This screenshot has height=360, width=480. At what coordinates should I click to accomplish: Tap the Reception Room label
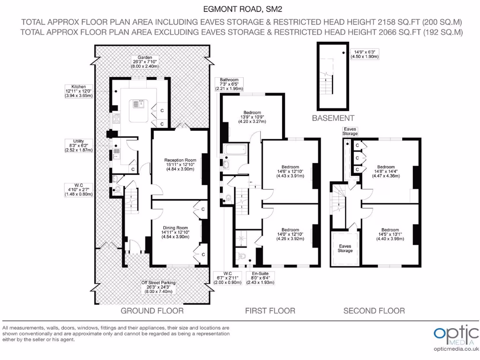(x=177, y=165)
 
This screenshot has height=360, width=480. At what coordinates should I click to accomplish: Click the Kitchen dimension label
(x=79, y=91)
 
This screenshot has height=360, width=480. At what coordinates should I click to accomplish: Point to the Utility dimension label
(x=79, y=145)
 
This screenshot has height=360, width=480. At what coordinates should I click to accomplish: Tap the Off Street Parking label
(x=158, y=287)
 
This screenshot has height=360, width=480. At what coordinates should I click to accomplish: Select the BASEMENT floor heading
(x=333, y=118)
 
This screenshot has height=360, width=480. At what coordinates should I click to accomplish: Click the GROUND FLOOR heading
(x=152, y=311)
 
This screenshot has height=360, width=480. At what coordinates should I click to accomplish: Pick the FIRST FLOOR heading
(x=270, y=311)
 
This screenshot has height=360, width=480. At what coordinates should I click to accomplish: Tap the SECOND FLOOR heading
(x=374, y=311)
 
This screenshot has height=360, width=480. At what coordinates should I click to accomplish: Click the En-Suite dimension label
(x=258, y=278)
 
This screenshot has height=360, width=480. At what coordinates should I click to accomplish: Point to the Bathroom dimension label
(x=227, y=84)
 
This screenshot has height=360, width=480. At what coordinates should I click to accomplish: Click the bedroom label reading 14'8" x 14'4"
(x=386, y=172)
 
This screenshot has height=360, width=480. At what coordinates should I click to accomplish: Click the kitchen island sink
(x=140, y=103)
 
